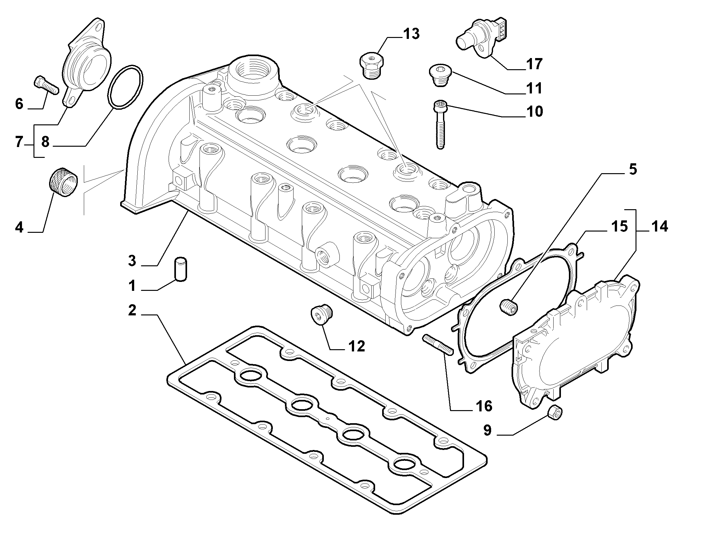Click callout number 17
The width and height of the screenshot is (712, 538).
(535, 64)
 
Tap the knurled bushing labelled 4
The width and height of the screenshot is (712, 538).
(64, 182)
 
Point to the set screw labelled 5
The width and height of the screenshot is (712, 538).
(509, 306)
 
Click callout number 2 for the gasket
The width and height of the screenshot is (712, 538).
(132, 310)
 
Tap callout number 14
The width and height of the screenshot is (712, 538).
(659, 226)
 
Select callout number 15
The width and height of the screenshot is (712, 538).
(619, 226)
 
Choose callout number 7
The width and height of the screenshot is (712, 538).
(19, 142)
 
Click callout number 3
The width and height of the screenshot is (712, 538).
(132, 260)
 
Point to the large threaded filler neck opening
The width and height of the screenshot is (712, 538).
(252, 70)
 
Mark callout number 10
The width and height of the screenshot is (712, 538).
(535, 112)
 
